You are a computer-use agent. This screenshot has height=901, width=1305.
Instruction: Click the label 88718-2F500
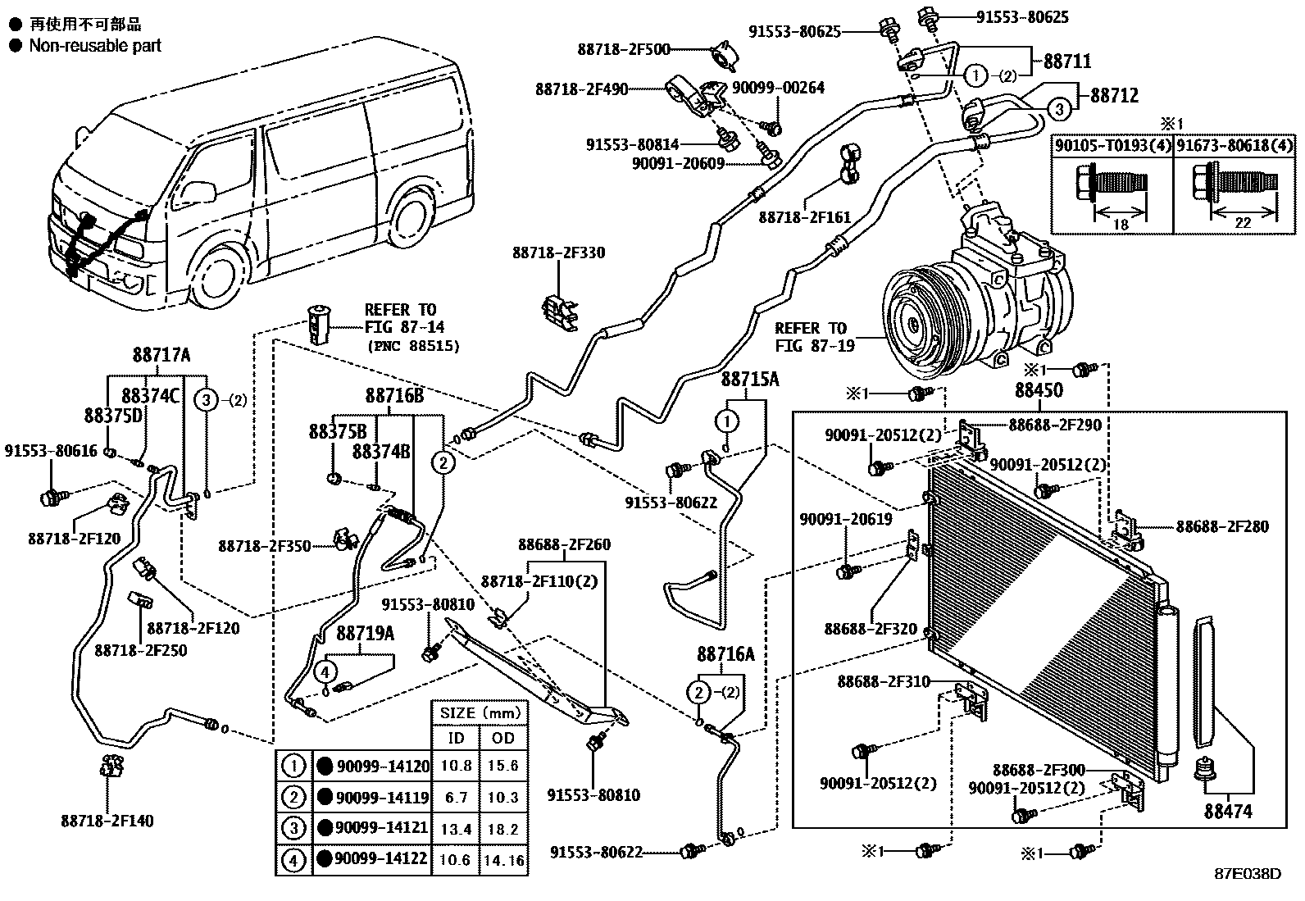[x=623, y=49]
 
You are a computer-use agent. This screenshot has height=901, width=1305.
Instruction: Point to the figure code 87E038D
[x=1248, y=874]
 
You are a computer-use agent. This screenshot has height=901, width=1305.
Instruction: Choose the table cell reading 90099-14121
[x=382, y=827]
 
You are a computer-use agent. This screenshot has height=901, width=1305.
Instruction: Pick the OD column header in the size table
[x=503, y=738]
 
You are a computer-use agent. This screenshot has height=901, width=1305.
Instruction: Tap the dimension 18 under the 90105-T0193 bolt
[x=1121, y=225]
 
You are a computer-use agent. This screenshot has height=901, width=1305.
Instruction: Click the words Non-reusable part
[x=95, y=46]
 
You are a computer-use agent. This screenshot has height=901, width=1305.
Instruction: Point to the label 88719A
[x=366, y=633]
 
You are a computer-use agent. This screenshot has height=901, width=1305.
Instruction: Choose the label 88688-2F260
[x=564, y=544]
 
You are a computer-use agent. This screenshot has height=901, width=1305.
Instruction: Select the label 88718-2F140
[x=107, y=820]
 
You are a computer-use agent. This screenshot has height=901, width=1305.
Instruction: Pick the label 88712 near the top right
[x=1114, y=95]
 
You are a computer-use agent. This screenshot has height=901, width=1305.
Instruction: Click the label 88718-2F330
[x=559, y=253]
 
